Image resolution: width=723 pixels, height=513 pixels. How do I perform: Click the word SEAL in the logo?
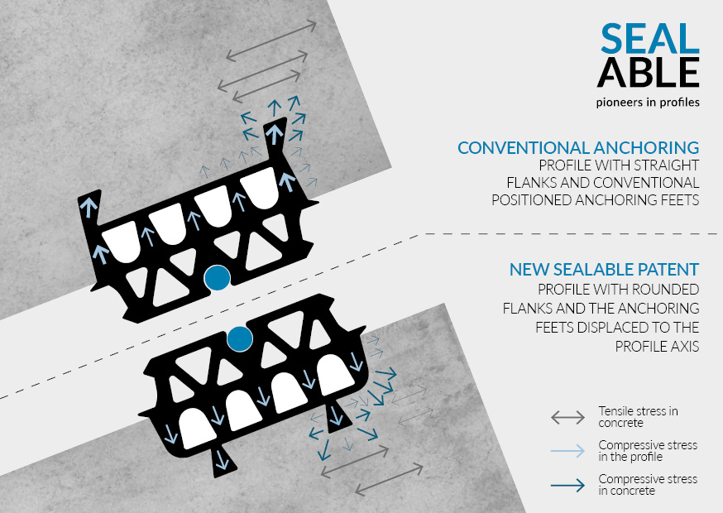click(x=649, y=38)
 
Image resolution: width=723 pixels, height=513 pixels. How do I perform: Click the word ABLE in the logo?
click(x=649, y=73)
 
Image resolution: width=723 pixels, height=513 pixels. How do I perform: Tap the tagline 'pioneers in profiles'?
click(x=648, y=102)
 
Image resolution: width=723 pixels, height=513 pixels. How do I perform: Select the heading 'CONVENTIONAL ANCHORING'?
click(x=578, y=147)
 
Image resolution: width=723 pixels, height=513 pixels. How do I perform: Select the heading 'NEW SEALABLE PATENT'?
click(x=604, y=270)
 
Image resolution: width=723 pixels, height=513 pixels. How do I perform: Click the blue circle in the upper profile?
click(x=218, y=278)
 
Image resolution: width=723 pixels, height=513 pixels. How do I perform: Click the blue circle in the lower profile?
click(x=240, y=339)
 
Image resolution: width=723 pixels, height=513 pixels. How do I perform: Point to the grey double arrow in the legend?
click(x=567, y=418)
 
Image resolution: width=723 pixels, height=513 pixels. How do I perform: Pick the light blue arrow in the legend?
click(x=567, y=451)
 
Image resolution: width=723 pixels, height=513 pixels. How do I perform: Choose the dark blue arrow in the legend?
click(x=567, y=486)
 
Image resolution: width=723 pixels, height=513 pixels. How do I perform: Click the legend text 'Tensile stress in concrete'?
click(x=638, y=416)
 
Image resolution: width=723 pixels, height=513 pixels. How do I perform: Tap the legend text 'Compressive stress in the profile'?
click(x=648, y=451)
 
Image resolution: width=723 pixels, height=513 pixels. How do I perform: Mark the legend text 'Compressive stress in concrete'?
click(x=648, y=485)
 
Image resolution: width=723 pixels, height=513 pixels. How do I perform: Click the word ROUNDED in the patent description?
click(x=669, y=290)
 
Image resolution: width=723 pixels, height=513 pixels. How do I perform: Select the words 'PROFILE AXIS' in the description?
click(x=657, y=347)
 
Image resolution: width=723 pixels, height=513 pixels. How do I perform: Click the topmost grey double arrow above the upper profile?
click(x=271, y=41)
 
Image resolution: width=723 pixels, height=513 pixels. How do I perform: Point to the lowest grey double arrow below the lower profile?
click(x=389, y=480)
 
